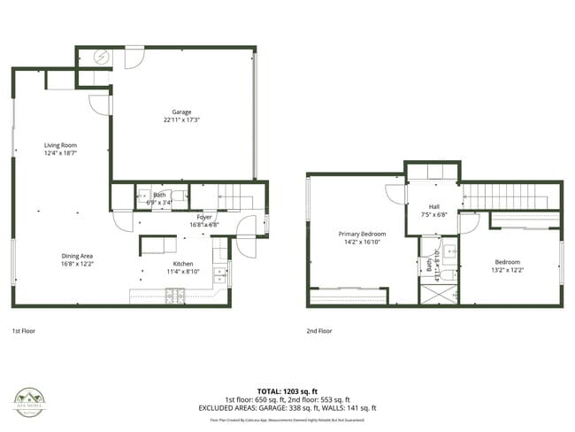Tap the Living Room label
62,145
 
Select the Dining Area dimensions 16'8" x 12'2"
79,264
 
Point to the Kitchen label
183,264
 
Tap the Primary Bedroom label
363,234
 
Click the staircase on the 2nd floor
510,196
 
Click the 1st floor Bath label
159,195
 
